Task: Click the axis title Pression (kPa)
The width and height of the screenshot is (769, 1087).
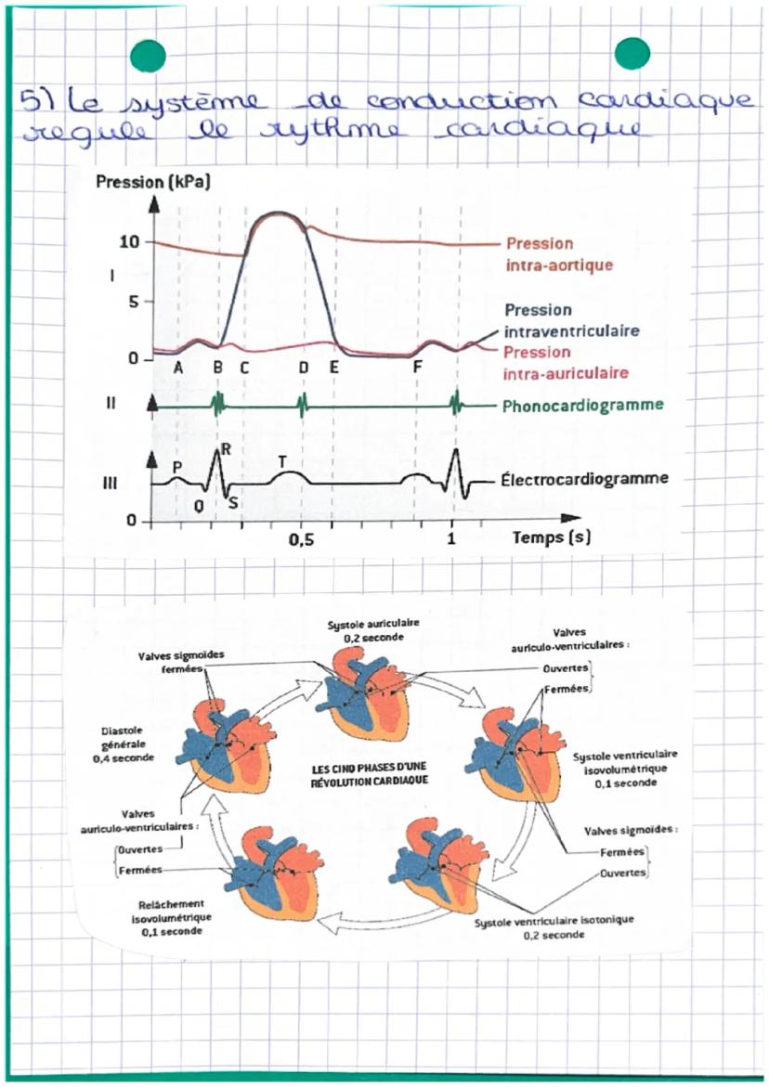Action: click(x=153, y=182)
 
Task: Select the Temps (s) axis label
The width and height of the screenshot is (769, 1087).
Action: click(x=552, y=537)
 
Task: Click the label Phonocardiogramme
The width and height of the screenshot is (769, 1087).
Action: click(x=582, y=406)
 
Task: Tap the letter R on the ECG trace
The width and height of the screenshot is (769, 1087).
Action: click(x=226, y=448)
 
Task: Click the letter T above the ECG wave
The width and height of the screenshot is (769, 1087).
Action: click(x=282, y=460)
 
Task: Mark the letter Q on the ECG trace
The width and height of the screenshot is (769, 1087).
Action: click(x=199, y=505)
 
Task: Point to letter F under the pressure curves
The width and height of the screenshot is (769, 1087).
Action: click(x=418, y=367)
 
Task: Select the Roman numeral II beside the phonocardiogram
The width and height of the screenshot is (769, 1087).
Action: click(x=110, y=405)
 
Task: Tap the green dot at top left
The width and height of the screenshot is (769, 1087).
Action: click(x=149, y=56)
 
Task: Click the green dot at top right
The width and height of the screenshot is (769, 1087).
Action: click(x=632, y=53)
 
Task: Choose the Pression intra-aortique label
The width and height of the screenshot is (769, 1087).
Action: click(x=560, y=253)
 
